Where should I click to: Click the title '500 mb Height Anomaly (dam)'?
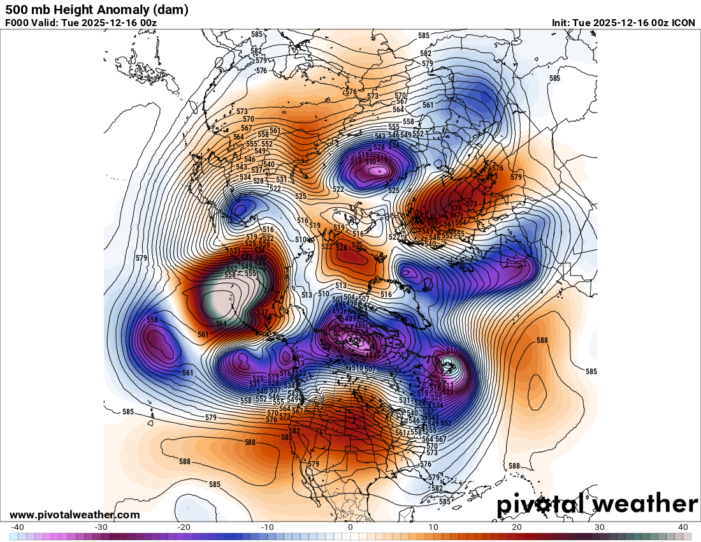[97, 10]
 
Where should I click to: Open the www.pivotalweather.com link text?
[75, 515]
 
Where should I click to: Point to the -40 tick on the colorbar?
[18, 527]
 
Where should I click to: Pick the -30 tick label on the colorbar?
[101, 527]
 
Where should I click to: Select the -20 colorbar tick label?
[184, 527]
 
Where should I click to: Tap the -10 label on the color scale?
[267, 527]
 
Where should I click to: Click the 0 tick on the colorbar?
[350, 527]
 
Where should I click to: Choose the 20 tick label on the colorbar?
[517, 527]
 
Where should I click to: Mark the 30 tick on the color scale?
[600, 527]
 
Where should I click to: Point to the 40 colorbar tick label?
[683, 527]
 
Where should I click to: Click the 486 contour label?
[361, 326]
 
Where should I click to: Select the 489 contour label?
[350, 319]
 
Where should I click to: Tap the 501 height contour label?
[338, 300]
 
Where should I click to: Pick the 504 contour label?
[350, 297]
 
